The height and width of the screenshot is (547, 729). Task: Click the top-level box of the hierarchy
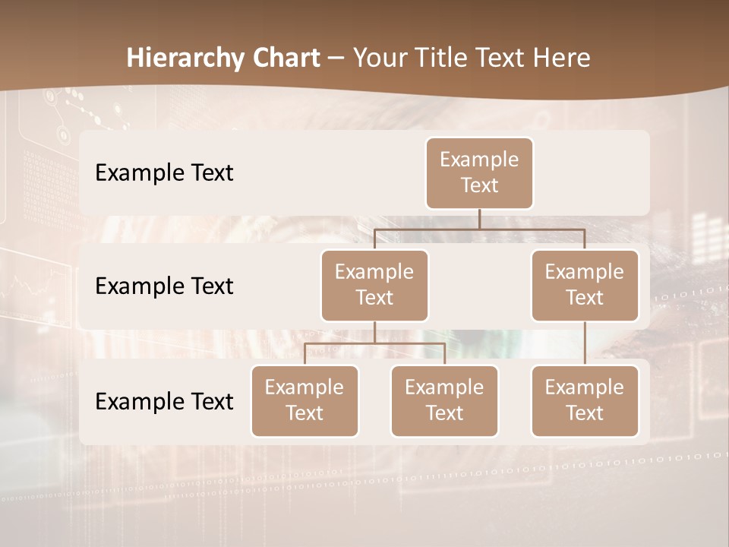[x=479, y=172]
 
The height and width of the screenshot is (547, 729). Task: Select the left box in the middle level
[x=374, y=285]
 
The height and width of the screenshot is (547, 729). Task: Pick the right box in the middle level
[x=585, y=285]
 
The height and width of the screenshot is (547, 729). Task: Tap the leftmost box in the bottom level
[x=305, y=400]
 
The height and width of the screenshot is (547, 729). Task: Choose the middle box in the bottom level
[x=444, y=400]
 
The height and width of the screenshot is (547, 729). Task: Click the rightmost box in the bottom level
[x=585, y=400]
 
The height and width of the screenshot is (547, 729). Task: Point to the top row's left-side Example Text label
[x=164, y=173]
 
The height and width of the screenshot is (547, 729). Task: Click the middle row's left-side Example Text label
[x=164, y=286]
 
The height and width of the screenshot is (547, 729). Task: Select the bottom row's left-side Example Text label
[x=164, y=401]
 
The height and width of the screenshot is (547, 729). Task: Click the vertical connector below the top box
[x=479, y=219]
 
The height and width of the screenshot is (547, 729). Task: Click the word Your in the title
[x=379, y=58]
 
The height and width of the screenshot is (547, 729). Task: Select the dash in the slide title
[x=336, y=58]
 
